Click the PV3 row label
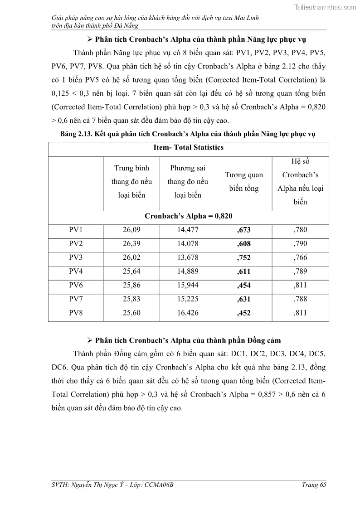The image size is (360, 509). coord(76,257)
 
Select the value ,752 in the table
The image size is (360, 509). coord(243,258)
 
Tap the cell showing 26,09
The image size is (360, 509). coord(131,230)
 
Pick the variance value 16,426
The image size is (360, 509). coord(188,313)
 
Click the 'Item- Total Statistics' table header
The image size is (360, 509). coord(188,147)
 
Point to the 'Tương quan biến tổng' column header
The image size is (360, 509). coord(243,181)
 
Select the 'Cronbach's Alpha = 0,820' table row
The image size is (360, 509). coord(188,216)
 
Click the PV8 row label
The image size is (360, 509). coord(76,313)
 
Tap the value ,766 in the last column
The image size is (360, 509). coord(300,257)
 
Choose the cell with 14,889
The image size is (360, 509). coord(188,271)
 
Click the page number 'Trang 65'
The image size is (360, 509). coord(314,485)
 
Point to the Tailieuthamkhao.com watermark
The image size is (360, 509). coord(325,7)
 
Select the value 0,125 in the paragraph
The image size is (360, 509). coord(61,93)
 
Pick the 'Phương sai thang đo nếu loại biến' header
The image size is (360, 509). coord(188,181)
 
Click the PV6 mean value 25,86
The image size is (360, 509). coord(131,286)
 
